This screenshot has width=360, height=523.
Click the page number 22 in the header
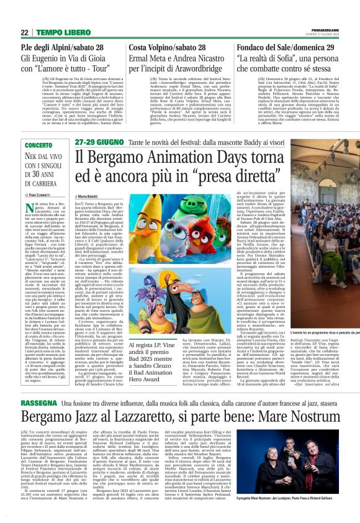25,32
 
